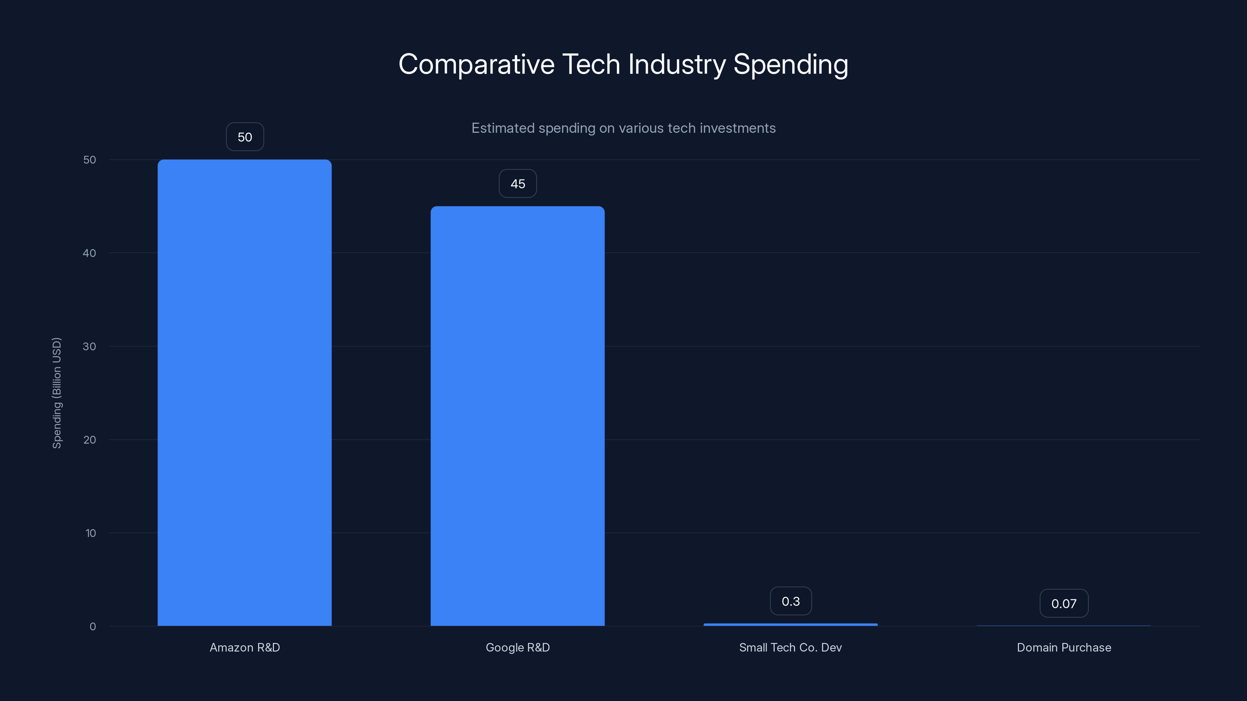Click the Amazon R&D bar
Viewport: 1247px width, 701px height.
click(244, 392)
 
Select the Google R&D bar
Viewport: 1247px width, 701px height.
click(518, 416)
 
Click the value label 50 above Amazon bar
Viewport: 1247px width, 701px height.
click(245, 137)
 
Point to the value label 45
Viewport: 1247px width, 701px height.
click(518, 184)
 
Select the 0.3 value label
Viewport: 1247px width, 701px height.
click(791, 601)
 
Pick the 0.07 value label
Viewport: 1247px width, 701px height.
click(1063, 604)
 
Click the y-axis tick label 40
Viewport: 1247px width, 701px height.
click(90, 253)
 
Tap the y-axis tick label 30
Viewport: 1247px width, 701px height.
click(90, 346)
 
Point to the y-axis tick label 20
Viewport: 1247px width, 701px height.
click(90, 440)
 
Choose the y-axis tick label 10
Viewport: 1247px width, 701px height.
click(90, 533)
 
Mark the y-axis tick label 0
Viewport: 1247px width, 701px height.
click(92, 627)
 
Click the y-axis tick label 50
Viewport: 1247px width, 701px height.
click(90, 160)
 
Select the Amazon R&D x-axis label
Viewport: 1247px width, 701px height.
click(244, 647)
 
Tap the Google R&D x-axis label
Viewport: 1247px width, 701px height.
click(518, 647)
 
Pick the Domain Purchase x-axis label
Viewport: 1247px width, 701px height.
click(1063, 647)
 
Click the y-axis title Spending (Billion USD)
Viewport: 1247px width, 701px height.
click(57, 393)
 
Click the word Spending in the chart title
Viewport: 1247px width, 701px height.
click(790, 64)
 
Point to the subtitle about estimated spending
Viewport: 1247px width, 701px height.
click(623, 128)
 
